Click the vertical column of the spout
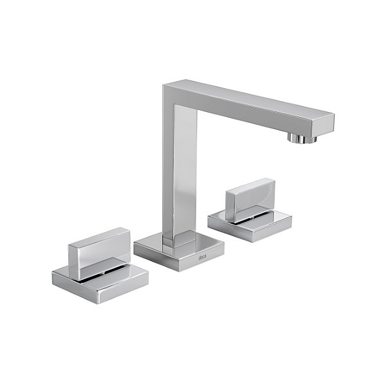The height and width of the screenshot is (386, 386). (x=174, y=167)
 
